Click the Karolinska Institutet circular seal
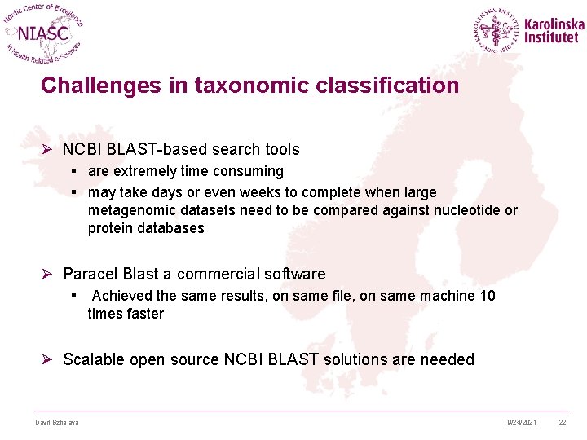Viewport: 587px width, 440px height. coord(497,31)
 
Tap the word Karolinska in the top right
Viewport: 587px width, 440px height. coord(554,24)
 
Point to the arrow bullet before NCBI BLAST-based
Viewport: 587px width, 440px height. coord(48,149)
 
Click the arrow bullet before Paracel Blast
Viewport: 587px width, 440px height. coord(48,274)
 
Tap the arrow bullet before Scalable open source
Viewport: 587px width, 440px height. coord(48,359)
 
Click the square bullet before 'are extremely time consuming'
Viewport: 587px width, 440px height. coord(74,172)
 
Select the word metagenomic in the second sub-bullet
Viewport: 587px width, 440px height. coord(130,211)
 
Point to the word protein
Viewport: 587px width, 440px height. coord(111,229)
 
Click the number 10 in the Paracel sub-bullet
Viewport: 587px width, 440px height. coord(487,296)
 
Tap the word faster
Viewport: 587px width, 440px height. coord(143,314)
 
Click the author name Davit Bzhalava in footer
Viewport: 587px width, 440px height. coord(56,421)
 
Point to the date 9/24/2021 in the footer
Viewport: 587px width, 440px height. coord(522,421)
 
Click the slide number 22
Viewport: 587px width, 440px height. coord(563,421)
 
